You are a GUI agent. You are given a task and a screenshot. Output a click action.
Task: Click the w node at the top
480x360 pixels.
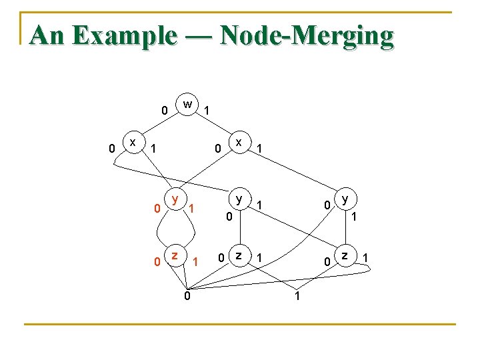click(188, 104)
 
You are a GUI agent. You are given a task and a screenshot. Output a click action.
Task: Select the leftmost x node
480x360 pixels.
click(134, 142)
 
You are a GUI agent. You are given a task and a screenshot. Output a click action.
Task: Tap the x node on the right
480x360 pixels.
click(238, 142)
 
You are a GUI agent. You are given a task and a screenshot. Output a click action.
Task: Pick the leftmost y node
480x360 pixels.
click(175, 199)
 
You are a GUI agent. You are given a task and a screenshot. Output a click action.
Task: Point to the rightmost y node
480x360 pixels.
click(345, 199)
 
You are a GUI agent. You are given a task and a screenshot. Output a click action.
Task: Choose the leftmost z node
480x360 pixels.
click(175, 255)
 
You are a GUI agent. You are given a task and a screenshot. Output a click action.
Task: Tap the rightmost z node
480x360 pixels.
click(345, 255)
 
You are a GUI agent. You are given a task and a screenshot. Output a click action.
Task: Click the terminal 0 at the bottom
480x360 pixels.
click(187, 295)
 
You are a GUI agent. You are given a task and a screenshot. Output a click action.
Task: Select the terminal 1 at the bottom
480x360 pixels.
click(297, 295)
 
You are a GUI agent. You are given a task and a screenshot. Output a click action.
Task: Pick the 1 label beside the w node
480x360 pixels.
click(207, 110)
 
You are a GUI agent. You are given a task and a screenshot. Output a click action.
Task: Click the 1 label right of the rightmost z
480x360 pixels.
click(365, 258)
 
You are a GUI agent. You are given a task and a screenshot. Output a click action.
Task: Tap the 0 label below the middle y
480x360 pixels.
click(228, 217)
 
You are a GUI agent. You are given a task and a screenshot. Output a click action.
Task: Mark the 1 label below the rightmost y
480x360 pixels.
click(355, 217)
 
